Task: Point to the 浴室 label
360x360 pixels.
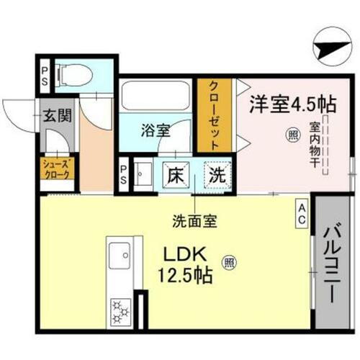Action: tap(155, 132)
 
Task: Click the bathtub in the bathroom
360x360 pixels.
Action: tap(155, 95)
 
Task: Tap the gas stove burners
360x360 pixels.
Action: tap(119, 311)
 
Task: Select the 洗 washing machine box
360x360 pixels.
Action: tap(215, 174)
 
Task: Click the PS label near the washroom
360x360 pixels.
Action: tap(123, 173)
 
